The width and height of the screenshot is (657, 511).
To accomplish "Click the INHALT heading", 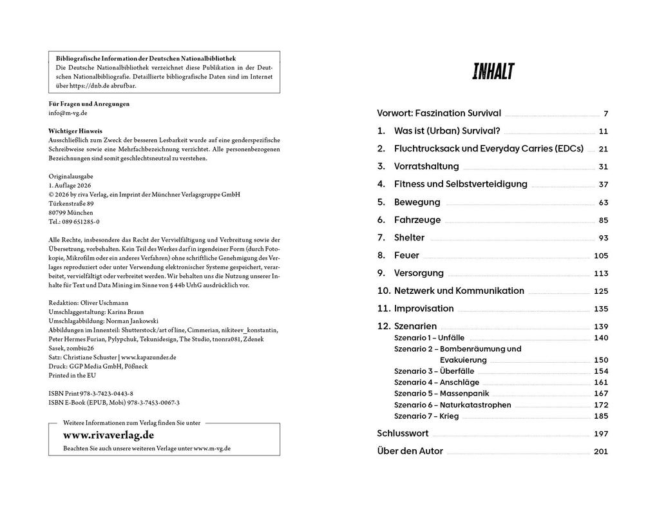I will (493, 72).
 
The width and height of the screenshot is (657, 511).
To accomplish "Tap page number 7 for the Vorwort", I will (605, 113).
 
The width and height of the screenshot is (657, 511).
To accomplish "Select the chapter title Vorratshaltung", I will (427, 166).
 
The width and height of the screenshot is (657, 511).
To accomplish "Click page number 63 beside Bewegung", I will (603, 202).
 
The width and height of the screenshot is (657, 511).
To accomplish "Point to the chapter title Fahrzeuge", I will (417, 220).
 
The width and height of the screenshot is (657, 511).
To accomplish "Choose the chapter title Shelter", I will (409, 238).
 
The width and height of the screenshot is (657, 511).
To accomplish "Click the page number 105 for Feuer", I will (600, 256).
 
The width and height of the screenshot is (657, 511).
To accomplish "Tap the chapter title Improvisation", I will (424, 309).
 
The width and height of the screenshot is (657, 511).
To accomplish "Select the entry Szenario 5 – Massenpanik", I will (441, 393).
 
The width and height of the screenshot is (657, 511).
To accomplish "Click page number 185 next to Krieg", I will (600, 416).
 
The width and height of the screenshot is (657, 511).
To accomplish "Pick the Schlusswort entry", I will (403, 434).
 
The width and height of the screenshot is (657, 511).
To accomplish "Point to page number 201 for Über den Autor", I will (600, 452).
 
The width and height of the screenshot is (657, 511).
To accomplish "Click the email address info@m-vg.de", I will (68, 112).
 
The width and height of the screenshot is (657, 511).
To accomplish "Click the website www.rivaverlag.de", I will (108, 435).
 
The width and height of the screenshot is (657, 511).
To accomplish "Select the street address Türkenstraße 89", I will (71, 203).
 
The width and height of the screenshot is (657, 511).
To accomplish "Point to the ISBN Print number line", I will (91, 393).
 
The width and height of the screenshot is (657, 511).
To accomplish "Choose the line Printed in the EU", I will (72, 375).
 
